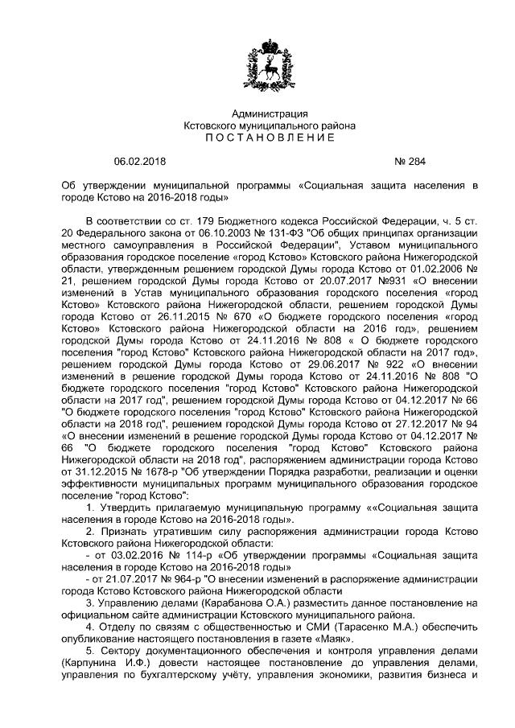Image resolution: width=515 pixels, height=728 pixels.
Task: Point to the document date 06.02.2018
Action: point(138,162)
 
